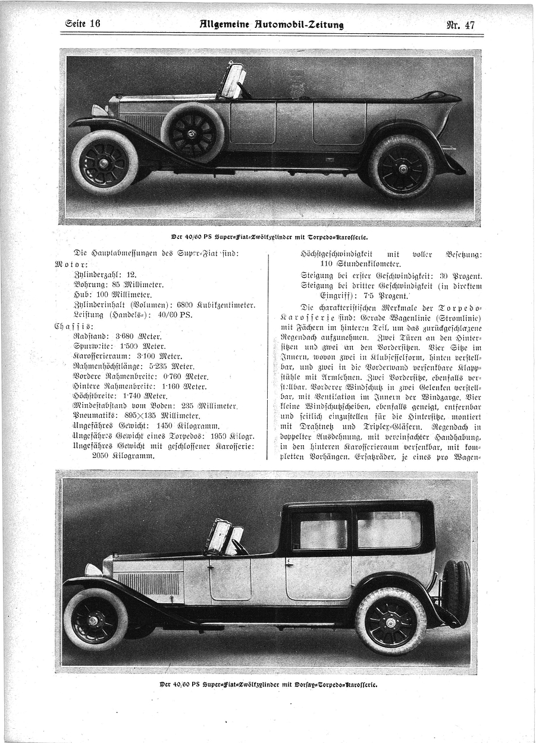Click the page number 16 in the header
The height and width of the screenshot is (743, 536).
(94, 24)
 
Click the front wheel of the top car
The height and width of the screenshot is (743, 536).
(105, 162)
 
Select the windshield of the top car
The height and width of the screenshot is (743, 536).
(233, 81)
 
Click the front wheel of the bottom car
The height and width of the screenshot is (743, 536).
(96, 619)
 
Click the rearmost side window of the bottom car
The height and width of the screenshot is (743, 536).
(389, 529)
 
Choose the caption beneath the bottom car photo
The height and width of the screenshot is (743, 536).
(268, 684)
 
